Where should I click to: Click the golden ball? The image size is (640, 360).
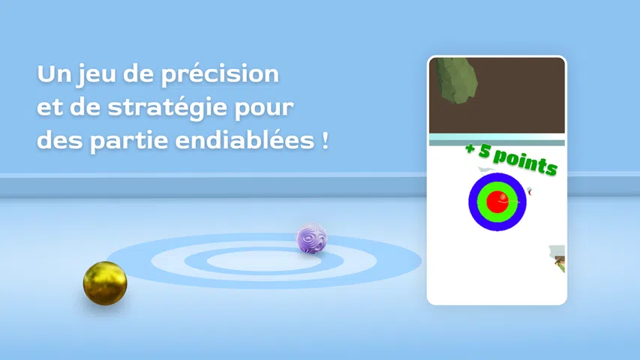105,283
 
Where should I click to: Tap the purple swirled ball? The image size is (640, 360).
311,238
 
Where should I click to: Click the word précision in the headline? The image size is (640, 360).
220,75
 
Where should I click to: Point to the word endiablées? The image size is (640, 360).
245,140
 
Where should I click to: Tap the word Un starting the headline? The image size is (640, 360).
53,74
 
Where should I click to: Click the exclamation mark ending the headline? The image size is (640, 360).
325,140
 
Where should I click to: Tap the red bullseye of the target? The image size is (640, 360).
497,202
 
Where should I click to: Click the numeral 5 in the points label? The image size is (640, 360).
485,151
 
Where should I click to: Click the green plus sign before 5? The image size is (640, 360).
470,148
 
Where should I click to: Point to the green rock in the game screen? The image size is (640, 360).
455,79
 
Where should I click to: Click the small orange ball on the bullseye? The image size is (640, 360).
503,197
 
